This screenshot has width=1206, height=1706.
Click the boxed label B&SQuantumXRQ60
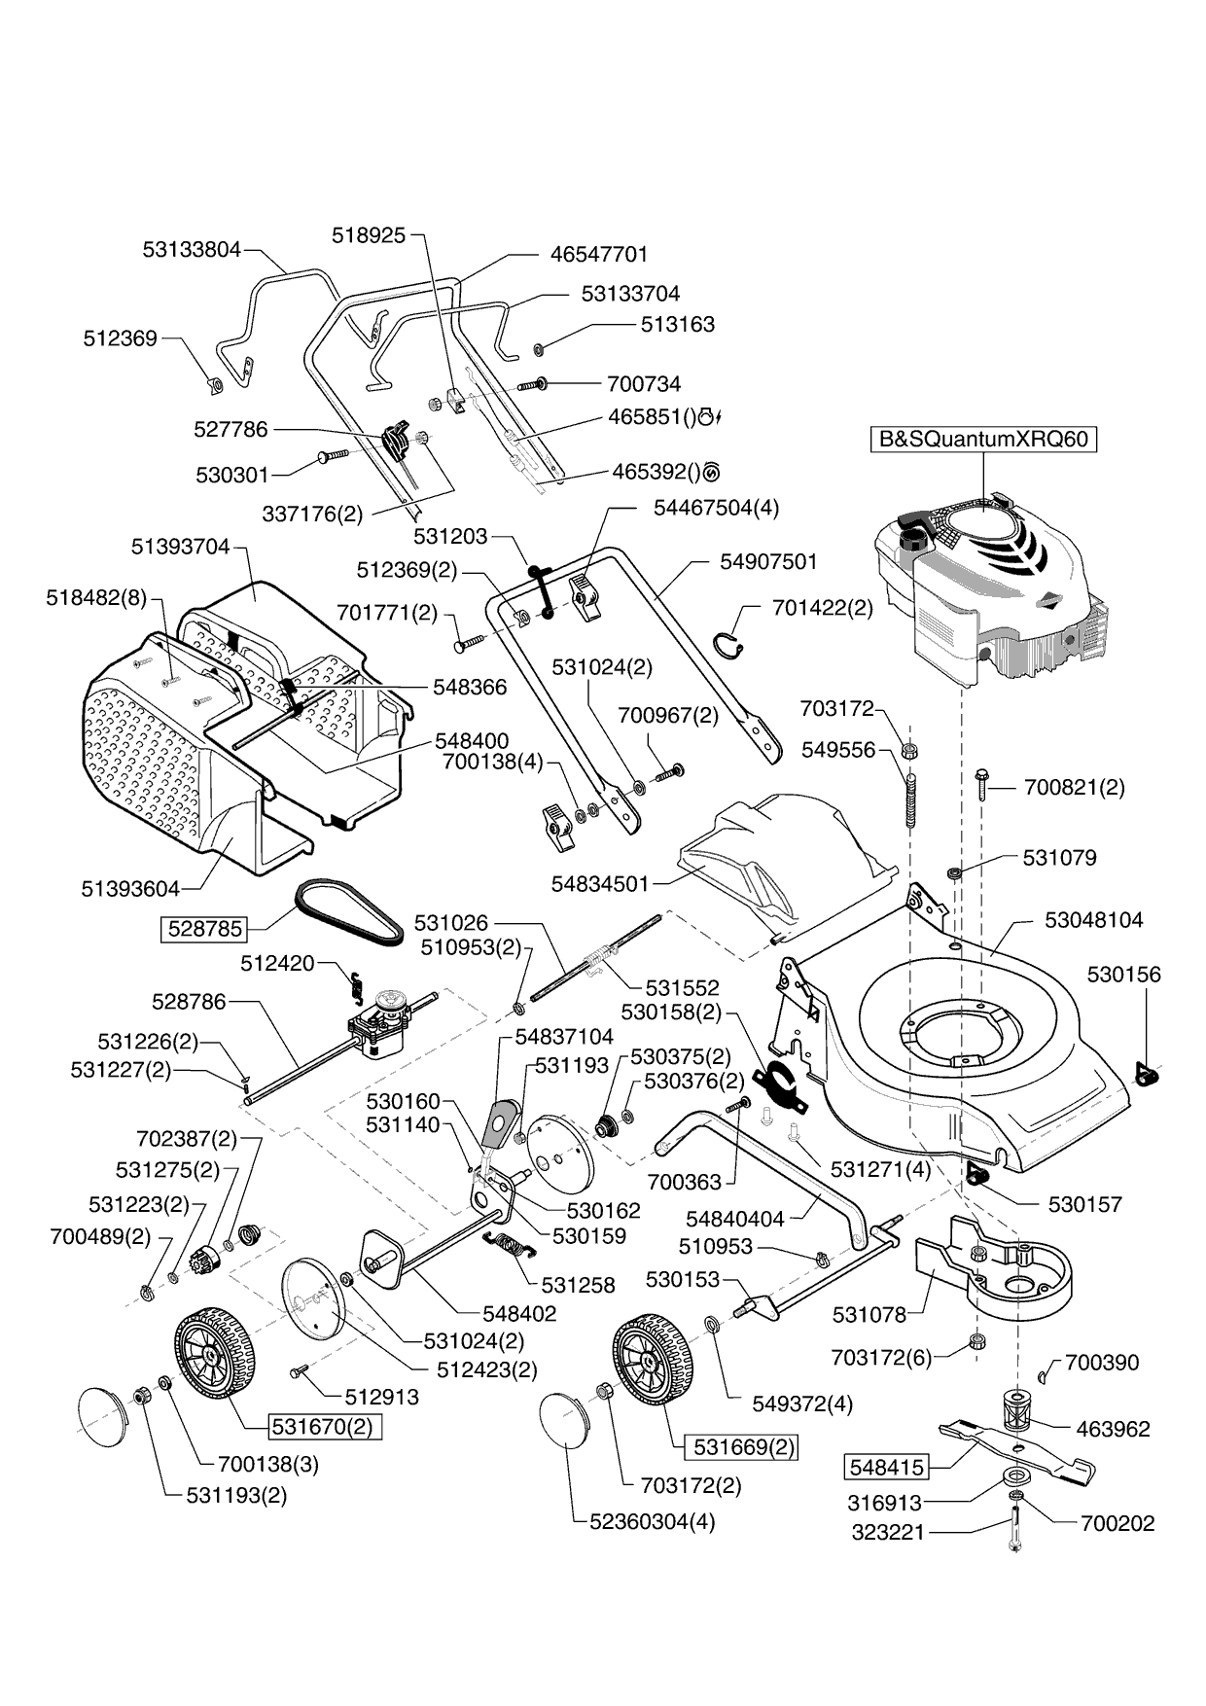(982, 439)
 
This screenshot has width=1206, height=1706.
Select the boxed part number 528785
(204, 928)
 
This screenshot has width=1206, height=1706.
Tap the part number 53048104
(1094, 919)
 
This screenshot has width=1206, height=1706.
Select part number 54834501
(599, 884)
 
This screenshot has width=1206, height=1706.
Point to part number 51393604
(130, 888)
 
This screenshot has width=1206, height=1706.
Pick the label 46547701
(598, 254)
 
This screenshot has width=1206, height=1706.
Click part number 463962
(1113, 1429)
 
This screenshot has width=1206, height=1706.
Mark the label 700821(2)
(1074, 787)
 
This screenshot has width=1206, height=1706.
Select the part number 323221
(888, 1533)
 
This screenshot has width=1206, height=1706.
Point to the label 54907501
(768, 562)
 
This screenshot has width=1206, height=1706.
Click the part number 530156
(1123, 974)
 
